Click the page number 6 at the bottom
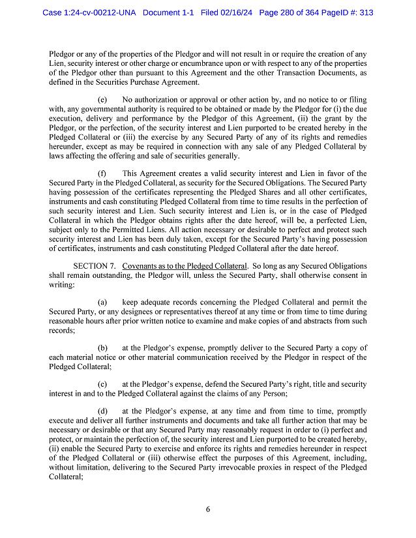(x=207, y=509)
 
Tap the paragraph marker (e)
(x=102, y=100)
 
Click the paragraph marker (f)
(x=102, y=173)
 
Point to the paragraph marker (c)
(x=102, y=384)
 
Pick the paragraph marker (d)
(x=102, y=412)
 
